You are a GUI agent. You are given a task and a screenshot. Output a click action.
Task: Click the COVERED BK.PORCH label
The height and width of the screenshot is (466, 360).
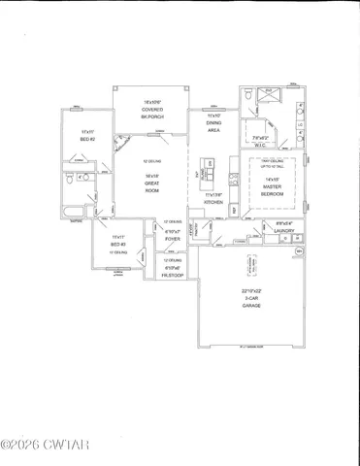(x=151, y=109)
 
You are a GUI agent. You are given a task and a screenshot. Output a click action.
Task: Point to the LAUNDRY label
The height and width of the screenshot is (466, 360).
(x=283, y=230)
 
